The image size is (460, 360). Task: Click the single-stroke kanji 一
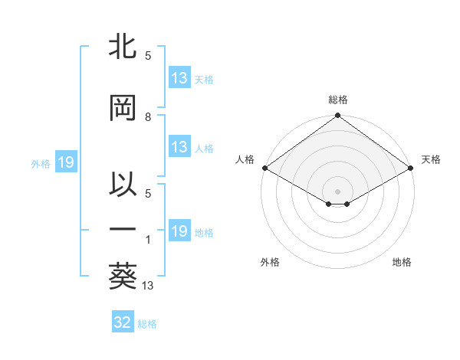tap(123, 228)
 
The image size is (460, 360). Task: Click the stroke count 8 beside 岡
tap(148, 116)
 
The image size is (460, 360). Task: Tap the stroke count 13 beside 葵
tap(149, 286)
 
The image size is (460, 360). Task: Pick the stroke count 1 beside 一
tap(148, 240)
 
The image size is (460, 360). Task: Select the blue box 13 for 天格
tap(179, 78)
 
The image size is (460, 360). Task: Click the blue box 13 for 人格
tap(179, 147)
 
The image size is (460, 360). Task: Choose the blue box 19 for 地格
tap(179, 231)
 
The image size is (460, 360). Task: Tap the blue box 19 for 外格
tap(65, 162)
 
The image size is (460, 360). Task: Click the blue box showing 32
tap(123, 322)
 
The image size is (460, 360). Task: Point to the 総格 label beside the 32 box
tap(147, 324)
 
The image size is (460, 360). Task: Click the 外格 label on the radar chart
tap(270, 262)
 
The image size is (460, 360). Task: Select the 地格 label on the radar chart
tap(402, 262)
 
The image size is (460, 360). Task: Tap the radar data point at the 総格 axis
tap(337, 116)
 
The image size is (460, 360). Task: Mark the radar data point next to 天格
tap(411, 168)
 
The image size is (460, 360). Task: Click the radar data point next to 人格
tap(264, 168)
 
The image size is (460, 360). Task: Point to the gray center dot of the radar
tap(337, 190)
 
